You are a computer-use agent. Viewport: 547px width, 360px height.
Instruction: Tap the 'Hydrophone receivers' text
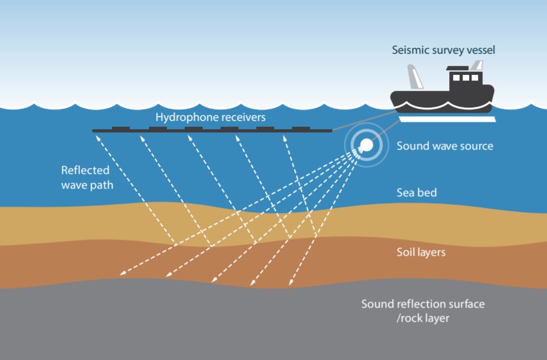tap(210, 118)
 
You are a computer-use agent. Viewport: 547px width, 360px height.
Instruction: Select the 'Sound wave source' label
tap(445, 146)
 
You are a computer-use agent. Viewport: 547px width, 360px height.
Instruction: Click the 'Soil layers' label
tap(421, 252)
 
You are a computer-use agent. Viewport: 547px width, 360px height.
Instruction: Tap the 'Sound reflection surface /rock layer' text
tap(422, 310)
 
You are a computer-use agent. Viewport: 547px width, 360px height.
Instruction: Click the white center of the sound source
tap(366, 146)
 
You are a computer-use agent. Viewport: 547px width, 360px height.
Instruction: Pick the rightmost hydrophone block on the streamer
tap(302, 129)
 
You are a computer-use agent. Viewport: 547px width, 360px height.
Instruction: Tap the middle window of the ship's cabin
tap(466, 78)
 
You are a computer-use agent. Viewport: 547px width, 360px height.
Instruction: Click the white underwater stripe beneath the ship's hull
tap(447, 119)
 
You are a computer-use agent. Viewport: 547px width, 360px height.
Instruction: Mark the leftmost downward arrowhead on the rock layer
tap(121, 276)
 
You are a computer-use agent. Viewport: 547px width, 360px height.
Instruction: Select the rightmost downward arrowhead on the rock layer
tap(291, 284)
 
